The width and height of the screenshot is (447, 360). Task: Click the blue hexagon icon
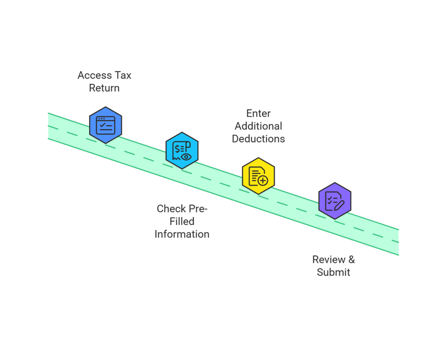(105, 125)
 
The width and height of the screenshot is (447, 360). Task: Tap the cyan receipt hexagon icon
(182, 150)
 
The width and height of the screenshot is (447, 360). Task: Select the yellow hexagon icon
(258, 176)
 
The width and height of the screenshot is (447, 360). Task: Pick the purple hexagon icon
(335, 201)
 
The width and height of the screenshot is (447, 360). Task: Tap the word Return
(104, 88)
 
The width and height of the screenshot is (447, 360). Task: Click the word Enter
(258, 113)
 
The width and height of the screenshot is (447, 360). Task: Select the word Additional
(258, 126)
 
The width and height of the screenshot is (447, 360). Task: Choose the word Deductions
(258, 138)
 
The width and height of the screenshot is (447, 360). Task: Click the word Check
(171, 208)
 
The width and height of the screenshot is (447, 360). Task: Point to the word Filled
(182, 221)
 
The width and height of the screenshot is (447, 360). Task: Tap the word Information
(182, 234)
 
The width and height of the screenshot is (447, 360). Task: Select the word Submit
(334, 272)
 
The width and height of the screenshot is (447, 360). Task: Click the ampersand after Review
(351, 259)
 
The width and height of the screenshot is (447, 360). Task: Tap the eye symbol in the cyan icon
(186, 156)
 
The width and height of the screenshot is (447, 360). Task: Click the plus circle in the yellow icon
(263, 181)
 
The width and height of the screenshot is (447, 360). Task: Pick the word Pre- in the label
(198, 208)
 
